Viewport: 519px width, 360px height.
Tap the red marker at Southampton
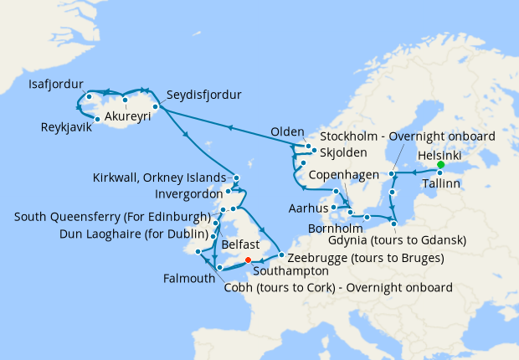point(248,260)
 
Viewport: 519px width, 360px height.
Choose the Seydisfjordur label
point(203,95)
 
